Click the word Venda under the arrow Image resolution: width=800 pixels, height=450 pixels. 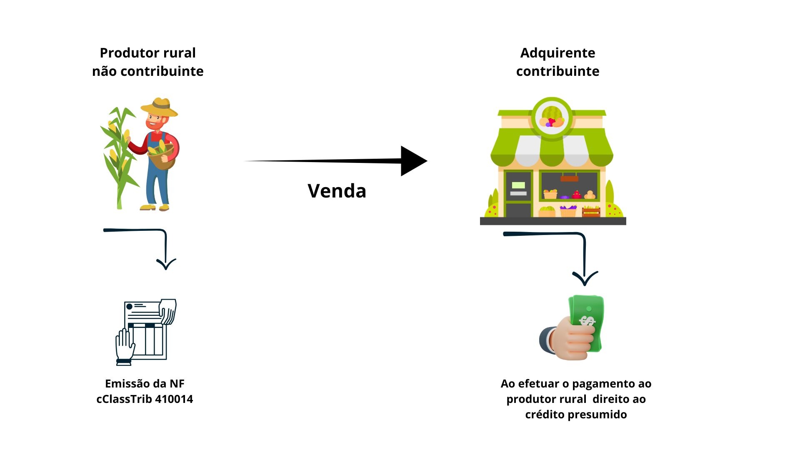click(337, 191)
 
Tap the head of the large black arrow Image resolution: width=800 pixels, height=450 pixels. click(412, 161)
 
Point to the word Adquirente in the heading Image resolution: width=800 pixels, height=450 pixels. click(557, 53)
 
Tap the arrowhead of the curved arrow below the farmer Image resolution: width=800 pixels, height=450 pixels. click(166, 264)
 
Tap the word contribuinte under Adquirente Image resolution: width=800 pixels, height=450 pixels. click(557, 71)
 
